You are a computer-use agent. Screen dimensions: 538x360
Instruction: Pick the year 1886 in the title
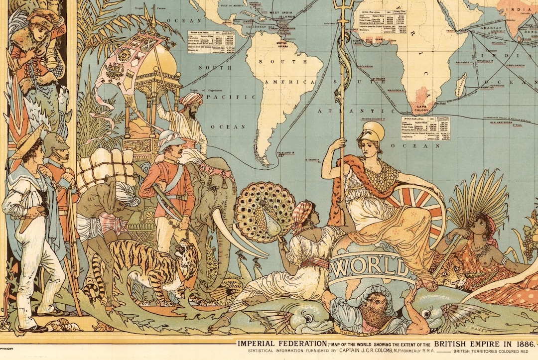click(521, 344)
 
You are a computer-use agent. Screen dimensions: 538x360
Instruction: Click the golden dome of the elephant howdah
click(157, 59)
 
